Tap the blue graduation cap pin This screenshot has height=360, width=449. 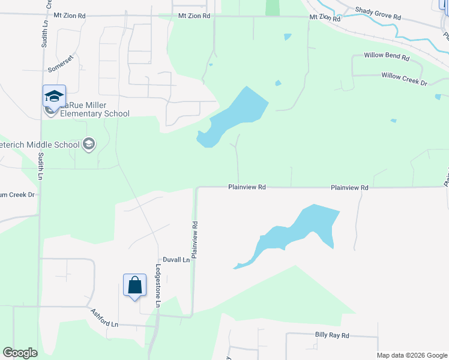54,96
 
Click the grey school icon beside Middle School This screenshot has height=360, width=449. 89,144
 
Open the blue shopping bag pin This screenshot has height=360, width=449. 134,285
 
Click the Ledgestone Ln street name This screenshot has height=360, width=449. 158,286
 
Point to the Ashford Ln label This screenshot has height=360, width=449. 105,318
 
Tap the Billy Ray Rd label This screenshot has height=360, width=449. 331,337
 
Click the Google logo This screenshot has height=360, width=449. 20,353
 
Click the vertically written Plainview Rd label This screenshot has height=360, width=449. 194,240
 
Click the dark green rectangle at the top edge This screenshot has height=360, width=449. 273,8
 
